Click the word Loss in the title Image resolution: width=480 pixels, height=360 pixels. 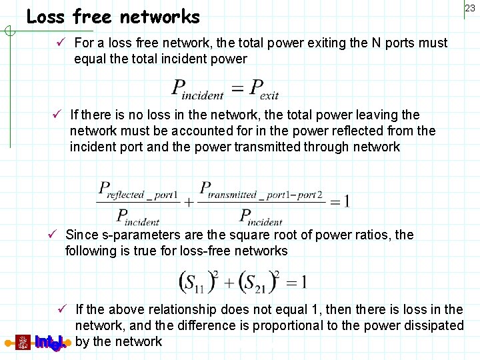pyautogui.click(x=45, y=17)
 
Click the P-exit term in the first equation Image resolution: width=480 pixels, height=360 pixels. pyautogui.click(x=265, y=89)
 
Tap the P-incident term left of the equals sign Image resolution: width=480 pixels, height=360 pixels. pyautogui.click(x=198, y=89)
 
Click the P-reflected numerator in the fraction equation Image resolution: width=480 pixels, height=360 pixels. pyautogui.click(x=138, y=191)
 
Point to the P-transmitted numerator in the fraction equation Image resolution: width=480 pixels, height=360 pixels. pyautogui.click(x=261, y=191)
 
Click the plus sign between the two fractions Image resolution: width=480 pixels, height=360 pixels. pyautogui.click(x=189, y=201)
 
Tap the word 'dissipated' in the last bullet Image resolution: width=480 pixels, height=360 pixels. pyautogui.click(x=433, y=326)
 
